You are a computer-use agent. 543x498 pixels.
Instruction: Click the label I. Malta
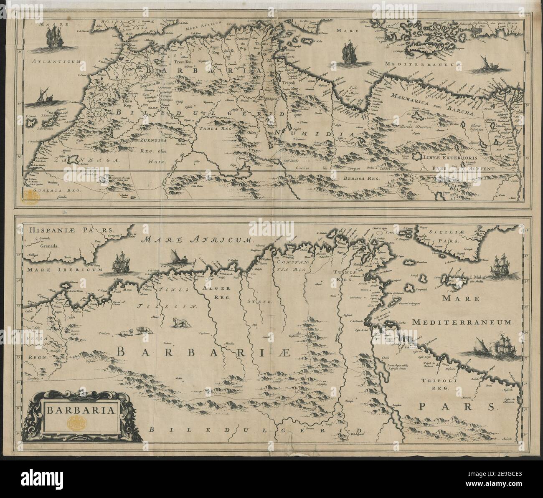coord(475,276)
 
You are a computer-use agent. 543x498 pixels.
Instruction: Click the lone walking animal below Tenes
coord(179,322)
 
